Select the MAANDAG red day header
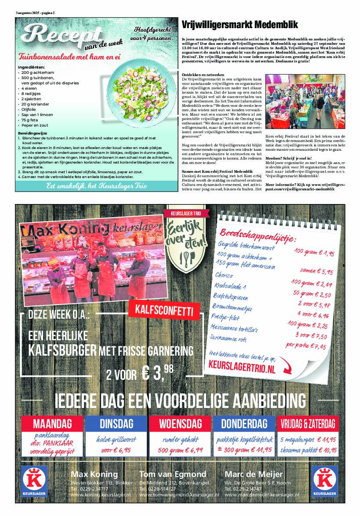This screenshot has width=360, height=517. [x=52, y=424]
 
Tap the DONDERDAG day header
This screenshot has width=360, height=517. [x=244, y=424]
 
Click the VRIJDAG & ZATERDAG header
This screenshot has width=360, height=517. [x=308, y=424]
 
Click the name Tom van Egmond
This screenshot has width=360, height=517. [x=172, y=474]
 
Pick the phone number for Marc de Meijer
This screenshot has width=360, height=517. [x=245, y=488]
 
